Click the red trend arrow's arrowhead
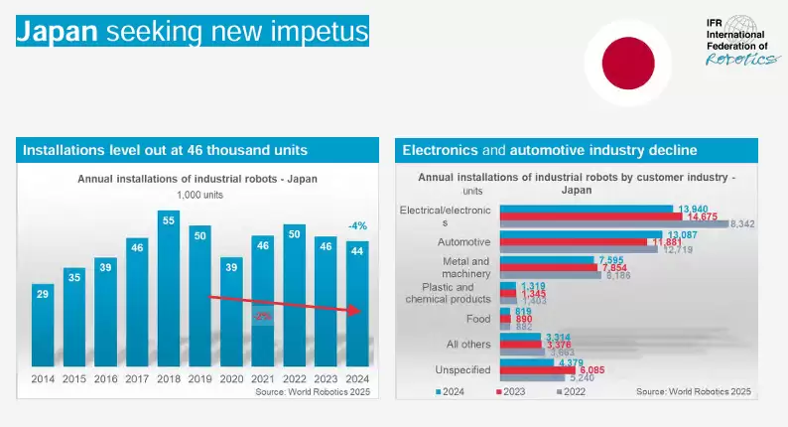(x=357, y=313)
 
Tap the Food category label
(x=477, y=319)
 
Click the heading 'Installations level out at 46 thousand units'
(x=165, y=151)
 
